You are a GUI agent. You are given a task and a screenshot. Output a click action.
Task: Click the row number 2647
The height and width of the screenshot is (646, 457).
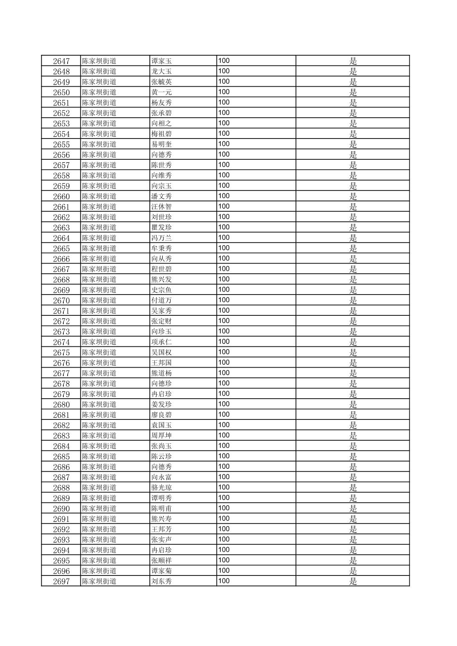click(x=61, y=61)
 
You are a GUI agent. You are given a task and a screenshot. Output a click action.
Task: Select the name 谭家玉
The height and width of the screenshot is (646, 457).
click(x=161, y=61)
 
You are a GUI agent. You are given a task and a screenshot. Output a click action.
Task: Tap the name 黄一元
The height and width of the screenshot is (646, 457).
click(x=161, y=92)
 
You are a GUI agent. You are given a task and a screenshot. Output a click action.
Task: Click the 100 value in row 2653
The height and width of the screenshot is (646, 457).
click(x=224, y=123)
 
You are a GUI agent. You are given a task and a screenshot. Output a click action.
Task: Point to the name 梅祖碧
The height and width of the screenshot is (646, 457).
click(x=161, y=134)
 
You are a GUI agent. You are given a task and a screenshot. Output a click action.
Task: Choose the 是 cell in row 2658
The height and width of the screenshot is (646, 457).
click(x=353, y=176)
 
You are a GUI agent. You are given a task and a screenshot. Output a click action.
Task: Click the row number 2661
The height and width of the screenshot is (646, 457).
click(x=61, y=207)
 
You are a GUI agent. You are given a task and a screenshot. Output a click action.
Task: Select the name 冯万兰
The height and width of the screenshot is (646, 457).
click(x=161, y=238)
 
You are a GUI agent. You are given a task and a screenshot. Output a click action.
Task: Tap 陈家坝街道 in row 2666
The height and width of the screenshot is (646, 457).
click(x=99, y=259)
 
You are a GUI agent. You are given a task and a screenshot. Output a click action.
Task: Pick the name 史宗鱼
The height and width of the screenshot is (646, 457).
click(x=161, y=290)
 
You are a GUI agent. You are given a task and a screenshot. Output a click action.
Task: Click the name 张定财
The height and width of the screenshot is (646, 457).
click(x=161, y=321)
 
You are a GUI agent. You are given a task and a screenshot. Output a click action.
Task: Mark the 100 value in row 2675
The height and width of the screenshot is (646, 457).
click(x=224, y=352)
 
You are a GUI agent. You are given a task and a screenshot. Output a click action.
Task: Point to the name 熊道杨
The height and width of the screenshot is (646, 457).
click(x=161, y=373)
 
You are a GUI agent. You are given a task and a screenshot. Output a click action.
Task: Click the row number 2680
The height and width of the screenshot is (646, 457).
click(x=61, y=405)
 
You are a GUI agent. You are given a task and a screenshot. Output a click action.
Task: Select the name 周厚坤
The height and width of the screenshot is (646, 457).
click(x=161, y=436)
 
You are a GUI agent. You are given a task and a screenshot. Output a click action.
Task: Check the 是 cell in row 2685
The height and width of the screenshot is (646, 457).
click(x=353, y=456)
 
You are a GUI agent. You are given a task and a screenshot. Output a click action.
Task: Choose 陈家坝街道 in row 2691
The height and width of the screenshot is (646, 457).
click(x=99, y=519)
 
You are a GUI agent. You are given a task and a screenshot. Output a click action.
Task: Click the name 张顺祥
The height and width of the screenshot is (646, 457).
click(x=161, y=561)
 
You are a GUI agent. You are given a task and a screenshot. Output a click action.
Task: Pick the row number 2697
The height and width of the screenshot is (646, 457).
click(x=61, y=581)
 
